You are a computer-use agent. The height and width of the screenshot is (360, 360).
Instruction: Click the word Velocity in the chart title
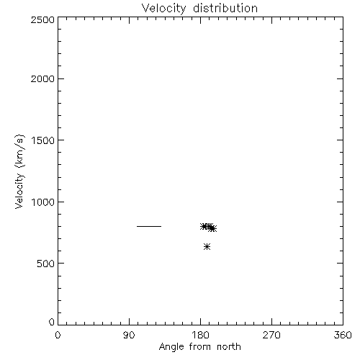(163, 9)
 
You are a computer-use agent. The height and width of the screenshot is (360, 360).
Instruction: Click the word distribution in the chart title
(225, 8)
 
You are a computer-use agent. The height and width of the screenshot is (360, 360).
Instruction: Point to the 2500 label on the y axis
(42, 19)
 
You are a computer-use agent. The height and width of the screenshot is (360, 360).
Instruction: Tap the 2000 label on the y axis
(42, 79)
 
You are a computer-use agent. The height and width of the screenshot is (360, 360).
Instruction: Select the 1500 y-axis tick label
(43, 140)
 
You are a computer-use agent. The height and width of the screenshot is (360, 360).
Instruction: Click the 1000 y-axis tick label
(43, 202)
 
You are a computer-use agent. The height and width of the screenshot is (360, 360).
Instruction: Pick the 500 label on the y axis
(46, 264)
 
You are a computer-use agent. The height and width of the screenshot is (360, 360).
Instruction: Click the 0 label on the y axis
(52, 322)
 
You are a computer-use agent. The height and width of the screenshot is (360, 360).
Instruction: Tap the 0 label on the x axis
(58, 335)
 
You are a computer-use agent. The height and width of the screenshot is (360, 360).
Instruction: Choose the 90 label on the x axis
(129, 335)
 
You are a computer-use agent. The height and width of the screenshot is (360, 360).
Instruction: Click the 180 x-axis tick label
(200, 335)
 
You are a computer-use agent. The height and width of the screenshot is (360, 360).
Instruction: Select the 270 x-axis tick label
(271, 335)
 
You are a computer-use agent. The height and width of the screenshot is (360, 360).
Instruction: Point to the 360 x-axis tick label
(343, 335)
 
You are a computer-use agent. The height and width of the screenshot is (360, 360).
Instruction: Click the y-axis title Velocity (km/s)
(19, 171)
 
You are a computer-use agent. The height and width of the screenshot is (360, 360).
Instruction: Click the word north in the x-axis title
(229, 347)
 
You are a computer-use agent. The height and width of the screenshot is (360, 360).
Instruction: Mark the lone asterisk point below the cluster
(207, 246)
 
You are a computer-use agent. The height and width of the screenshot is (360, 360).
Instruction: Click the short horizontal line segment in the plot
(149, 226)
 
